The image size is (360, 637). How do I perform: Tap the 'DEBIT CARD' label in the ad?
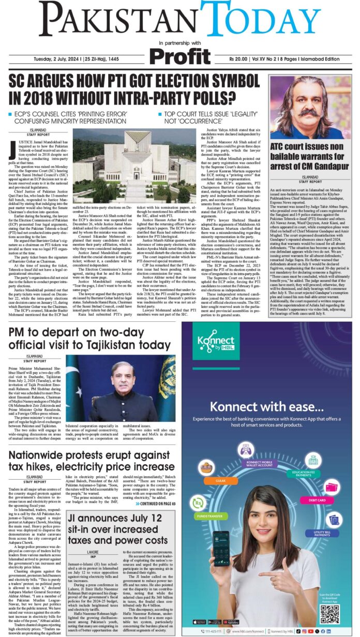pos(318,500)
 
